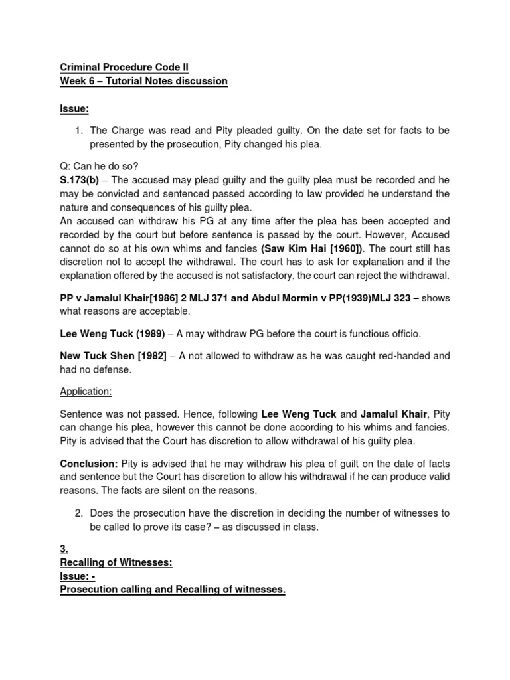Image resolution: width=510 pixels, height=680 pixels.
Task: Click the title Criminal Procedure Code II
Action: tap(124, 68)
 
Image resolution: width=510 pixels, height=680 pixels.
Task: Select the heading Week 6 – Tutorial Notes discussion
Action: tap(143, 81)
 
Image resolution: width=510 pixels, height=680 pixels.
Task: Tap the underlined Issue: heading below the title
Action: tap(74, 108)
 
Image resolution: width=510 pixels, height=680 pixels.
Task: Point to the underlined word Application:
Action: tap(86, 392)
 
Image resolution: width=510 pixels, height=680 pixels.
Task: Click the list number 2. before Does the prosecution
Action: tap(78, 513)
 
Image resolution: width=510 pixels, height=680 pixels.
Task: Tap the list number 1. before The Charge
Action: tap(78, 131)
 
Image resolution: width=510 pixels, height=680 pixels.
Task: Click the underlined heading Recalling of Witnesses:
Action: tap(116, 563)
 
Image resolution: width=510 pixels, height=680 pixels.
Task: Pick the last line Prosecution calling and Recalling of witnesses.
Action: tap(173, 590)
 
